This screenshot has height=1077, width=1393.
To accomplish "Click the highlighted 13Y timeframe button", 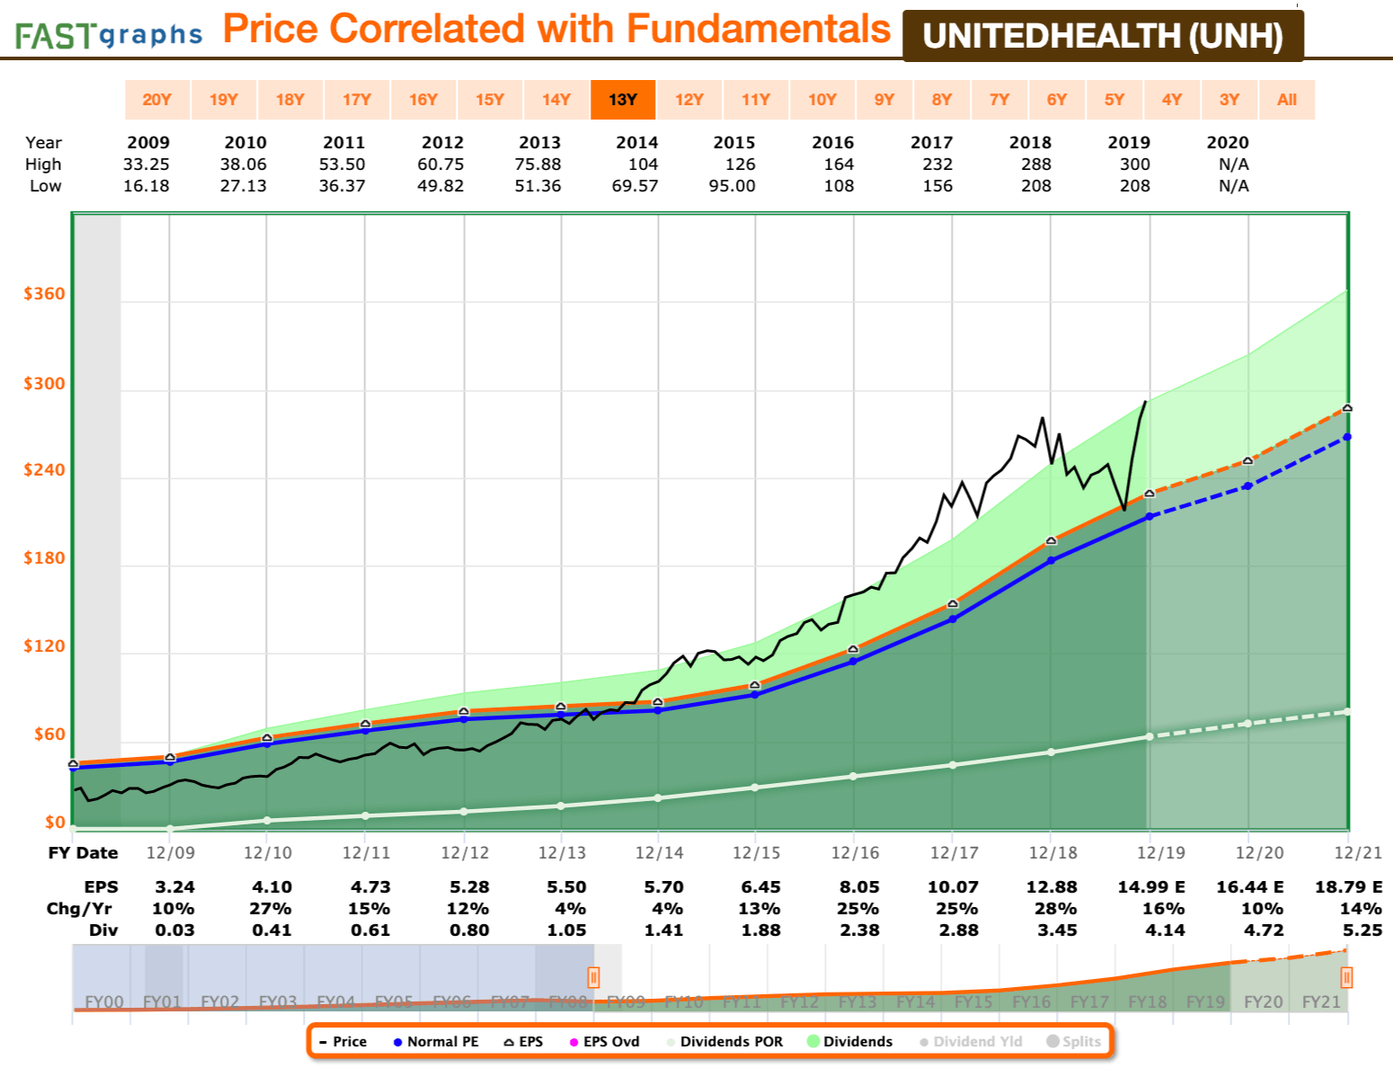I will [x=622, y=100].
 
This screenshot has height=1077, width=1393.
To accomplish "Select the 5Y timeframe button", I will [x=1114, y=100].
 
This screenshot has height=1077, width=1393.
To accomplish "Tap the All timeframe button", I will [x=1287, y=100].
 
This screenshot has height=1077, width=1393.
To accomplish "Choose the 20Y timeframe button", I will [x=156, y=100].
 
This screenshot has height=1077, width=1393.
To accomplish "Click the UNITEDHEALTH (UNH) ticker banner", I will [x=1103, y=36].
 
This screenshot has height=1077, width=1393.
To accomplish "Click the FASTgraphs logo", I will [x=108, y=35].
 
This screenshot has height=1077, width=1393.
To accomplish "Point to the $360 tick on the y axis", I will [x=44, y=294].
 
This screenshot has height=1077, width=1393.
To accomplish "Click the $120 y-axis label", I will [x=44, y=646].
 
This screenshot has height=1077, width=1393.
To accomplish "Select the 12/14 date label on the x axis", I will [x=659, y=852].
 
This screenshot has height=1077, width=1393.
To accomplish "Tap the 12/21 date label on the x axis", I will [x=1358, y=852].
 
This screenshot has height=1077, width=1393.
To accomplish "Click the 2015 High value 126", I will [x=741, y=165].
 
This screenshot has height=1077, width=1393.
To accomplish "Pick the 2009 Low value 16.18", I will [x=146, y=186].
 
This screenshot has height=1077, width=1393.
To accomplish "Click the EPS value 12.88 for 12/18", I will [x=1051, y=887].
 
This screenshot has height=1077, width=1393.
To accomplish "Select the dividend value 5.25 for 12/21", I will [x=1362, y=930].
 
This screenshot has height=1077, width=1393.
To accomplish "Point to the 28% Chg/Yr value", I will [x=1055, y=909].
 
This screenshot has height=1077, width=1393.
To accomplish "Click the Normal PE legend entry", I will [x=436, y=1042].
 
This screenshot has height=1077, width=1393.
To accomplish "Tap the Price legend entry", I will [x=342, y=1042].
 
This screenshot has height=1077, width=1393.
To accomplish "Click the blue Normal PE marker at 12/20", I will [x=1247, y=486].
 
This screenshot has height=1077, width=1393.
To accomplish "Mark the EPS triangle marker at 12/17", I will [x=953, y=604].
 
